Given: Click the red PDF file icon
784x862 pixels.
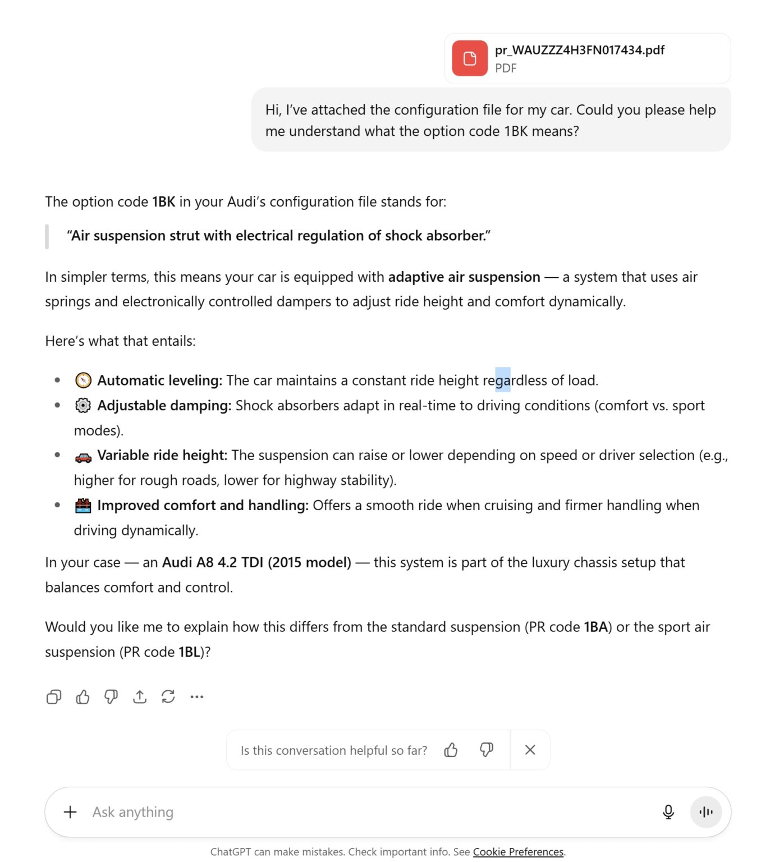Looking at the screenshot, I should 470,58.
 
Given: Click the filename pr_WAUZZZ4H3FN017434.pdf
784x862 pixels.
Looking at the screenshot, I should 579,50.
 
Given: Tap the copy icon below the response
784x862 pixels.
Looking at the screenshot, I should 54,697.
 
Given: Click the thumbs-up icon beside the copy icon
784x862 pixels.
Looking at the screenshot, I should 82,697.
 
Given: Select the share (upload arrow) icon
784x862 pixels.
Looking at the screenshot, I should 140,697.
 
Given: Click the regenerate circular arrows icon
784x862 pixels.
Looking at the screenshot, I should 168,697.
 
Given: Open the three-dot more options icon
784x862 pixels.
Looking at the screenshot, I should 197,697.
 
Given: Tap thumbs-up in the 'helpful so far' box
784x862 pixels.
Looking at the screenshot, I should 451,750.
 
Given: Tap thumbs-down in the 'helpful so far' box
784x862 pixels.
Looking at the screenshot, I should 487,750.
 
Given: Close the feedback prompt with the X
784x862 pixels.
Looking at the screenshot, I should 530,750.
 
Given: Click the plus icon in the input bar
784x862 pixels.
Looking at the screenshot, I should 70,812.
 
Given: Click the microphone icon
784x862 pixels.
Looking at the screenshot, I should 668,812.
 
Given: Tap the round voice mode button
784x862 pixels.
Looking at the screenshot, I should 706,812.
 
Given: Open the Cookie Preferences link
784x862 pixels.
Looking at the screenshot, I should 518,852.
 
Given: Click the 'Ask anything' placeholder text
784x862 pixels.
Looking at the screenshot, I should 133,812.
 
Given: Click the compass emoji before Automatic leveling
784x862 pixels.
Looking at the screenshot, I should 83,380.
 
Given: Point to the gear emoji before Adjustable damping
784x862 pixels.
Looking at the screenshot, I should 83,405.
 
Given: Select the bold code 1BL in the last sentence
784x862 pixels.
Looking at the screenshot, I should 189,652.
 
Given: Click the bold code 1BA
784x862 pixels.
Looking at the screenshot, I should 595,627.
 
